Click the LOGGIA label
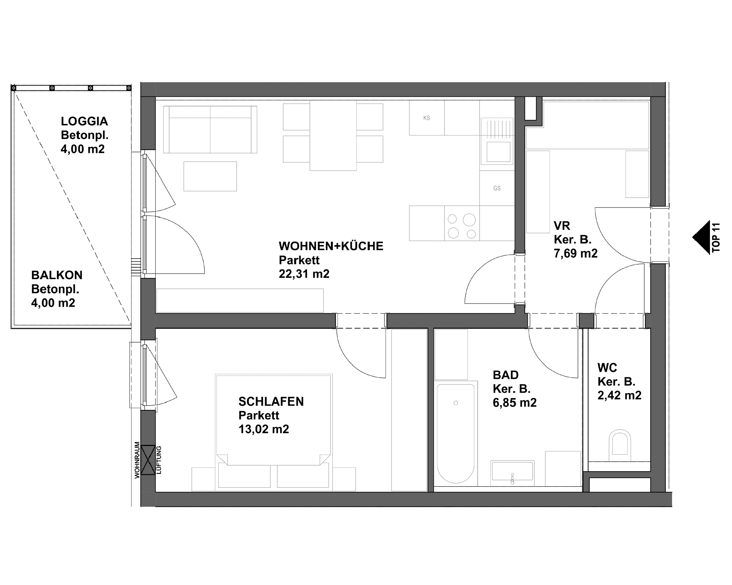point(84,121)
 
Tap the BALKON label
point(57,275)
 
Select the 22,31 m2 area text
point(304,274)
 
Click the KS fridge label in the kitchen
point(426,118)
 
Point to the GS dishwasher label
point(497,188)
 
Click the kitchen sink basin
point(498,152)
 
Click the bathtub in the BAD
point(455,433)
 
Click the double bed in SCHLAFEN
point(274,421)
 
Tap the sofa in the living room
point(210,130)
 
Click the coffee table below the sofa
point(210,176)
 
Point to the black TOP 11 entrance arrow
point(702,237)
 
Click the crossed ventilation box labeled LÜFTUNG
point(148,460)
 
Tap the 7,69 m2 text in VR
point(576,253)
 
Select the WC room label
point(607,368)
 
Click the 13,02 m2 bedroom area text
point(263,429)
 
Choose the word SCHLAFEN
point(271,401)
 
